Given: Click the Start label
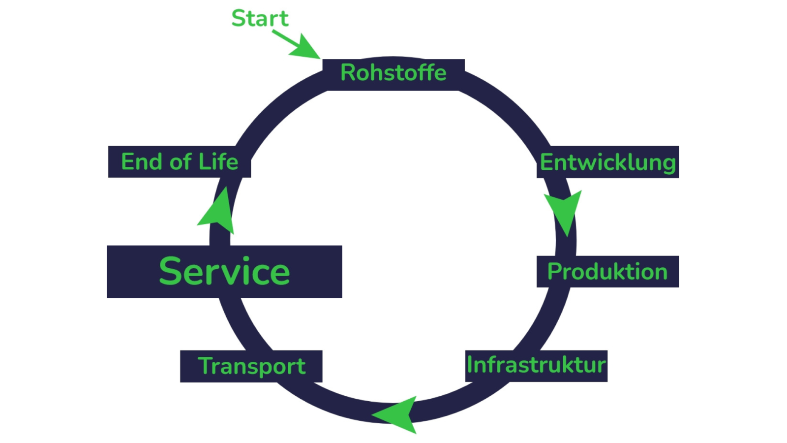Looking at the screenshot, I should pyautogui.click(x=260, y=18).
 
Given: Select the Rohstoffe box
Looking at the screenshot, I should pyautogui.click(x=393, y=74).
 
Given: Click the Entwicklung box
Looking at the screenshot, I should pyautogui.click(x=608, y=162).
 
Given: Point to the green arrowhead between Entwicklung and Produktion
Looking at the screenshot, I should pyautogui.click(x=564, y=211).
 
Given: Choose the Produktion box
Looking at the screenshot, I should pyautogui.click(x=607, y=272).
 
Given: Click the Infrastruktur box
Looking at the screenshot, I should pyautogui.click(x=536, y=366).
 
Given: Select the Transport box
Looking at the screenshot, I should pyautogui.click(x=251, y=366).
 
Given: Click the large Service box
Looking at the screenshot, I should pyautogui.click(x=224, y=272).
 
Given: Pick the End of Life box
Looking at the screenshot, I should pyautogui.click(x=180, y=162).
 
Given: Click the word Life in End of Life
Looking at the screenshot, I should pyautogui.click(x=218, y=161).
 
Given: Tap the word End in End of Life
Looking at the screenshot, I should pyautogui.click(x=142, y=161).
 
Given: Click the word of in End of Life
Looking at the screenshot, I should pyautogui.click(x=181, y=161).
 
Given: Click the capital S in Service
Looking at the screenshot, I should pyautogui.click(x=171, y=271).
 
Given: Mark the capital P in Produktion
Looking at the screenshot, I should pyautogui.click(x=554, y=272).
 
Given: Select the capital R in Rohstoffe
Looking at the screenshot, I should pyautogui.click(x=348, y=73).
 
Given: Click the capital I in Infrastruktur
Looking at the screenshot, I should pyautogui.click(x=470, y=365).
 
